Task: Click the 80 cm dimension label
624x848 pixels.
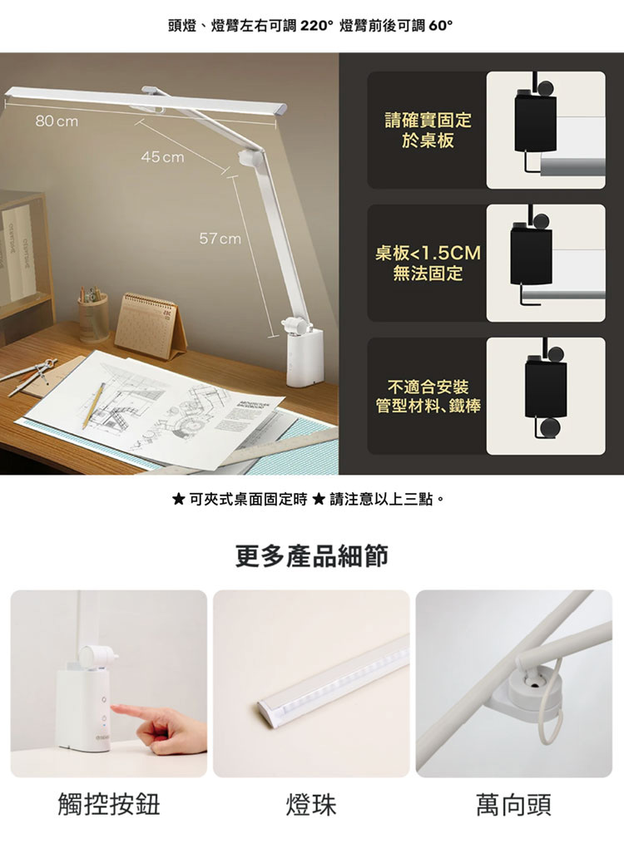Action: [57, 121]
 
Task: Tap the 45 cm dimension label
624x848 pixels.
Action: [162, 157]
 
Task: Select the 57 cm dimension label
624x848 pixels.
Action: [220, 239]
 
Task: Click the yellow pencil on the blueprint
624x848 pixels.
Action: [94, 407]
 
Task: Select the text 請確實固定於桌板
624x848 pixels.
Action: [428, 131]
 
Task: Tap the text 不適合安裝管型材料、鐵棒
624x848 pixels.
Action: [428, 397]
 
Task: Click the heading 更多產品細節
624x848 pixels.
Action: [312, 556]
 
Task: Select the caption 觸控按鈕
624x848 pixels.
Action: [109, 804]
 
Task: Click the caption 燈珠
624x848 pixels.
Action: [311, 804]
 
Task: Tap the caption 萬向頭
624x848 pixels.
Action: [513, 804]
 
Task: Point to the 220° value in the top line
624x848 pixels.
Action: [312, 26]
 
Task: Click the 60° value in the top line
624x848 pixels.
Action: [440, 26]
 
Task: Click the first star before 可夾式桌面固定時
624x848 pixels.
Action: [178, 499]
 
